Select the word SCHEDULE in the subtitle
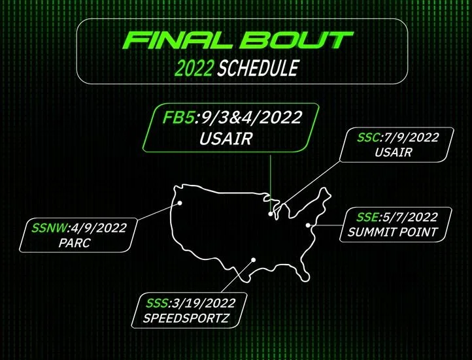pyautogui.click(x=259, y=67)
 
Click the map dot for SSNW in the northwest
pyautogui.click(x=179, y=203)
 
